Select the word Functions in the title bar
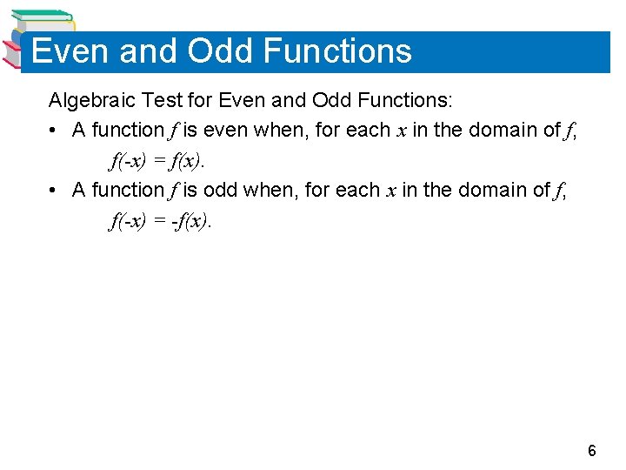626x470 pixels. point(336,51)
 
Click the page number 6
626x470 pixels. point(592,451)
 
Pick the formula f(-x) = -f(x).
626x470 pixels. point(160,221)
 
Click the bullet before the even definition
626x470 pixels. point(54,131)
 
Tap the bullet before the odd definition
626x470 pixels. point(54,191)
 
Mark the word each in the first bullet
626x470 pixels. point(368,131)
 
